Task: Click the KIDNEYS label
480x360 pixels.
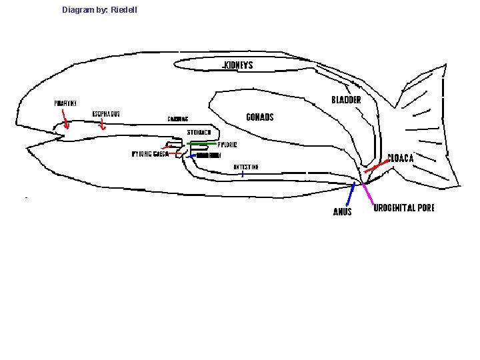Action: coord(238,65)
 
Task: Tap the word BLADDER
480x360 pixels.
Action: coord(346,100)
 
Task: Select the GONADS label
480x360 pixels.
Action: coord(260,117)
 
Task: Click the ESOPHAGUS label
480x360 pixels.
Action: coord(106,114)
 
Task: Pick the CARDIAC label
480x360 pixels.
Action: coord(177,119)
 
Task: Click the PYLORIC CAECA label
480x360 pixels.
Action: coord(149,154)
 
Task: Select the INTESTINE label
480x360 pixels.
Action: coord(245,167)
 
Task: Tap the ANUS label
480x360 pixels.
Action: coord(342,212)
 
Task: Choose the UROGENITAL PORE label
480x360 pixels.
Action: coord(404,208)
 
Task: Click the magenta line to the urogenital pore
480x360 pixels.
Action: coord(367,194)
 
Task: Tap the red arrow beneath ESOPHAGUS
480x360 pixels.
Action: coord(101,126)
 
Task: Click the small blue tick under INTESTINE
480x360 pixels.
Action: coord(243,173)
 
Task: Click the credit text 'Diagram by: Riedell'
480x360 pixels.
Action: coord(99,10)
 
